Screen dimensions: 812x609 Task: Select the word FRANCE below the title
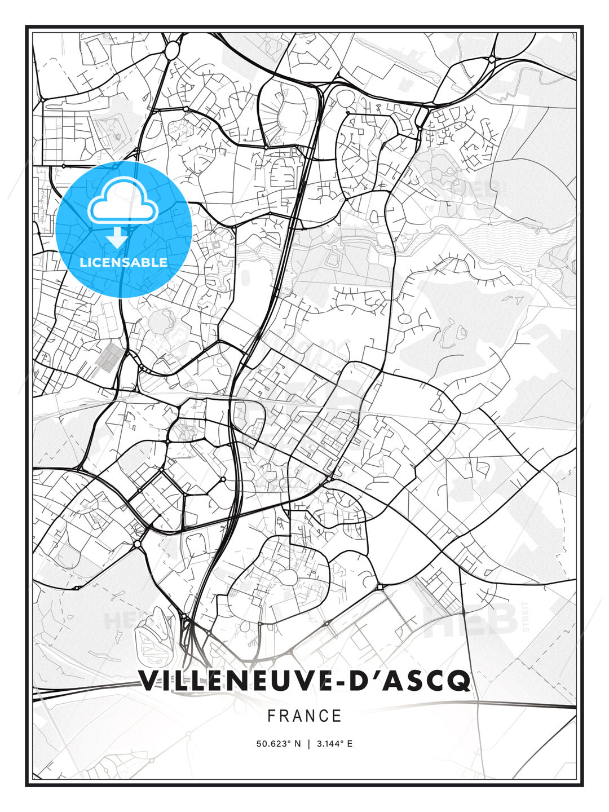coord(304,716)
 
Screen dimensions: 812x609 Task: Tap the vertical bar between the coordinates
coord(308,744)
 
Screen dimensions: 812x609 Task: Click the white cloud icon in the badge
coord(122,204)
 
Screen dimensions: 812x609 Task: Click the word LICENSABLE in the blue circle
coord(123,262)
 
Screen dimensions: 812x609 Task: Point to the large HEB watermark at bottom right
coord(470,619)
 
